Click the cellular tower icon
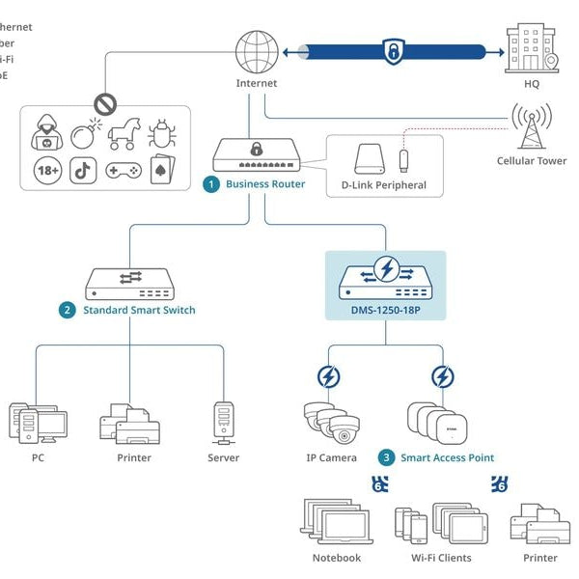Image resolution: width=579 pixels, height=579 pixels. tap(529, 125)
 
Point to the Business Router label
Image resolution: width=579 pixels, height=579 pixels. tap(265, 183)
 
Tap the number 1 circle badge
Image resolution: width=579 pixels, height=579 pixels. tap(210, 183)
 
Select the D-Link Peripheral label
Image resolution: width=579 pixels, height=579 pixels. tap(383, 185)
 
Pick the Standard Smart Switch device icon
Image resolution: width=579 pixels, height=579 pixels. tap(129, 281)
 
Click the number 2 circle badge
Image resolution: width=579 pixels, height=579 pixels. tap(67, 310)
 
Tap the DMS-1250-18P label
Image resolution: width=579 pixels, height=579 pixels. tap(385, 309)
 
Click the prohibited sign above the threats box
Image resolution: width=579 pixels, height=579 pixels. tap(105, 102)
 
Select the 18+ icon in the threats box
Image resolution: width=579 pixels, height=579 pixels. tap(47, 171)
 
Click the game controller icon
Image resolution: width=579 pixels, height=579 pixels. tap(124, 171)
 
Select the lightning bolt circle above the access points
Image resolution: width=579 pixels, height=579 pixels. tap(442, 376)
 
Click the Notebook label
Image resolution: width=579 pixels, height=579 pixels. tap(336, 558)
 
